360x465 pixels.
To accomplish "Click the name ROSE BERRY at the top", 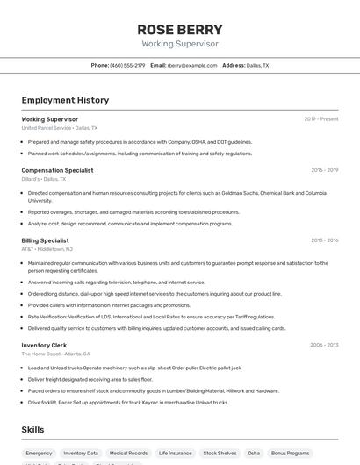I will pos(180,29).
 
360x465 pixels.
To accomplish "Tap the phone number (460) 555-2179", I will pos(127,65).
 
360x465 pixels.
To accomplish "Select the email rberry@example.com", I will pos(192,65).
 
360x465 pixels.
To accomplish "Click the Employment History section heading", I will pos(65,100).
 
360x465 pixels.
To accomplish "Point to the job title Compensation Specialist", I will pos(57,170).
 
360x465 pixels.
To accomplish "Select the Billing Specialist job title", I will pos(45,240).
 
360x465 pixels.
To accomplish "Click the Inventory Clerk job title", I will pos(44,345).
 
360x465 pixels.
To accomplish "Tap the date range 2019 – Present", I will pos(321,118).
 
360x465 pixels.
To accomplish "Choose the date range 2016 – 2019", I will pos(324,170).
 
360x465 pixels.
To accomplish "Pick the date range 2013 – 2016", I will pos(324,240).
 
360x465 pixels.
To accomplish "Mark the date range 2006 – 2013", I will pos(324,345).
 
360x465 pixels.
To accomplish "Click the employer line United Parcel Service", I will pos(59,127).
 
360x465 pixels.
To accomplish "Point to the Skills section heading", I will pos(32,429).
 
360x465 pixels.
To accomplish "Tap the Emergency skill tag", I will pos(40,453).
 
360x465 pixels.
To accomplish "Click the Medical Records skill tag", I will pos(128,453).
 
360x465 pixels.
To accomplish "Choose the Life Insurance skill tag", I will pos(175,453).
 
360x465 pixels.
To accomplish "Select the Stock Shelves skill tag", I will pos(220,453).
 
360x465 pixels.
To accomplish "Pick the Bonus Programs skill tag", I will pos(290,453).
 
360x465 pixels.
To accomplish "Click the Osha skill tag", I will pos(254,453).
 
